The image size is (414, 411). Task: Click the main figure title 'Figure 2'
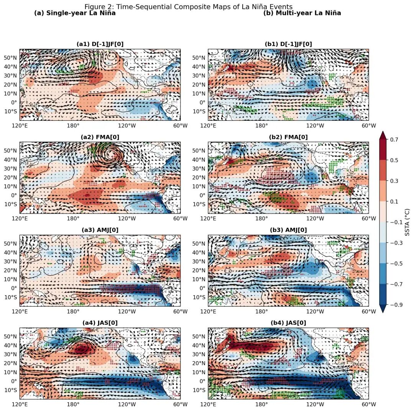tap(188, 7)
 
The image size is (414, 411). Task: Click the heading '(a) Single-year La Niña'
tap(75, 13)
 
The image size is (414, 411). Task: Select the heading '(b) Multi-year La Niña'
tap(302, 13)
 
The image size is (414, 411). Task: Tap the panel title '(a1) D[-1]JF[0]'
tap(100, 44)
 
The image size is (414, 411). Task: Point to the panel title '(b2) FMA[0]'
tap(288, 137)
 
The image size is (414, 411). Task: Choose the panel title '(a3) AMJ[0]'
tap(100, 230)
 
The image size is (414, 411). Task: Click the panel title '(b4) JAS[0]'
tap(288, 323)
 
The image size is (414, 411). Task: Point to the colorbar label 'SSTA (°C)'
tap(407, 222)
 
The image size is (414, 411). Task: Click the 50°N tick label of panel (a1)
tap(10, 58)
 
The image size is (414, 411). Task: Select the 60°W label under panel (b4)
tap(369, 404)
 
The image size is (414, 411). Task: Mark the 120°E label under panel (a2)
tap(20, 219)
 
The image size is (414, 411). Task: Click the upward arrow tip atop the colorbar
tap(383, 133)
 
